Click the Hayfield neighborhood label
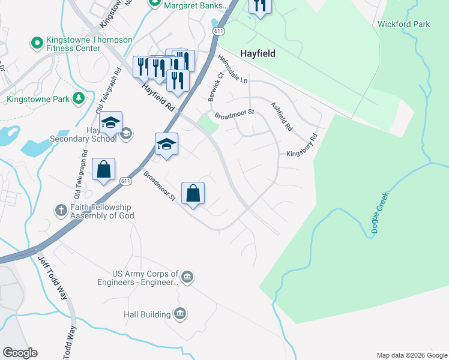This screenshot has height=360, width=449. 258,53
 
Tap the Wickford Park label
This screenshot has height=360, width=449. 403,25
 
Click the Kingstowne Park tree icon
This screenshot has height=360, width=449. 77,98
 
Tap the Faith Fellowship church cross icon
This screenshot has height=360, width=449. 61,210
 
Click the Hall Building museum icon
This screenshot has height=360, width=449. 179,314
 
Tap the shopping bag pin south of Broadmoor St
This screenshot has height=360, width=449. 193,194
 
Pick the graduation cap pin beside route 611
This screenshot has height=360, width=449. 167,145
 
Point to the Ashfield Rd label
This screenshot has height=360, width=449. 281,116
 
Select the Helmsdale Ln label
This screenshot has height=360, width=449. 233,68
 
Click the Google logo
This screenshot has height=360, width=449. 20,353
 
